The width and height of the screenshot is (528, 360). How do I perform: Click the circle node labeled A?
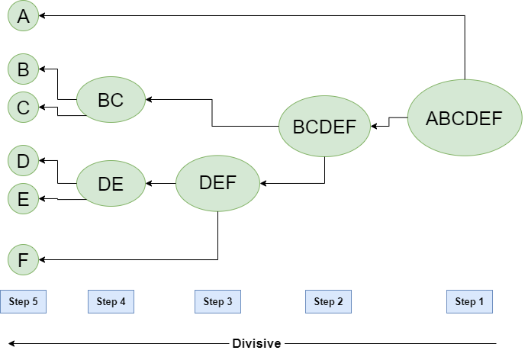click(23, 16)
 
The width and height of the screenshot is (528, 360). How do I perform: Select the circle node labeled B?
click(23, 70)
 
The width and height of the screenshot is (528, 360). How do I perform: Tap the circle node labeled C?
click(23, 108)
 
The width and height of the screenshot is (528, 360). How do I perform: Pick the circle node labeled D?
click(23, 161)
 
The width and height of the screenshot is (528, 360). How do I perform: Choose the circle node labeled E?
click(23, 199)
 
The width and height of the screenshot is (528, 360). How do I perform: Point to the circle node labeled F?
click(23, 260)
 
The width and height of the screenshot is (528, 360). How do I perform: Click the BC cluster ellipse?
click(111, 100)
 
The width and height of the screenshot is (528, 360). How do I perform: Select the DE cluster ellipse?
click(111, 183)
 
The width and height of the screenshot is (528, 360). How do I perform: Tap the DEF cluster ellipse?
click(217, 183)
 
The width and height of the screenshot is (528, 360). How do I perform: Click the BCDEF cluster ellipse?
click(324, 127)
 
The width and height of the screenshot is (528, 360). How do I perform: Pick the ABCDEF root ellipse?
click(464, 118)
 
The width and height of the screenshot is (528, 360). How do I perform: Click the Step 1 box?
click(469, 301)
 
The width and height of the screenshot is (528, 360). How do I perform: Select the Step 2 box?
click(328, 301)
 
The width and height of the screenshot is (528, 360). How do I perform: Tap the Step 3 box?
click(217, 301)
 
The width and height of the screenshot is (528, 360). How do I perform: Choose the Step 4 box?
click(111, 301)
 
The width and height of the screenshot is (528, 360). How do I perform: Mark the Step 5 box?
click(23, 301)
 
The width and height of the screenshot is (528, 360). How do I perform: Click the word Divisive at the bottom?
click(256, 343)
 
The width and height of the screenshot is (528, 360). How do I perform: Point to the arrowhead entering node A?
click(43, 15)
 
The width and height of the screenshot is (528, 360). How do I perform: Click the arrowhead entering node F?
click(43, 260)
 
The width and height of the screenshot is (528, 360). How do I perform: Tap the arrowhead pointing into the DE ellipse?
click(150, 183)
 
